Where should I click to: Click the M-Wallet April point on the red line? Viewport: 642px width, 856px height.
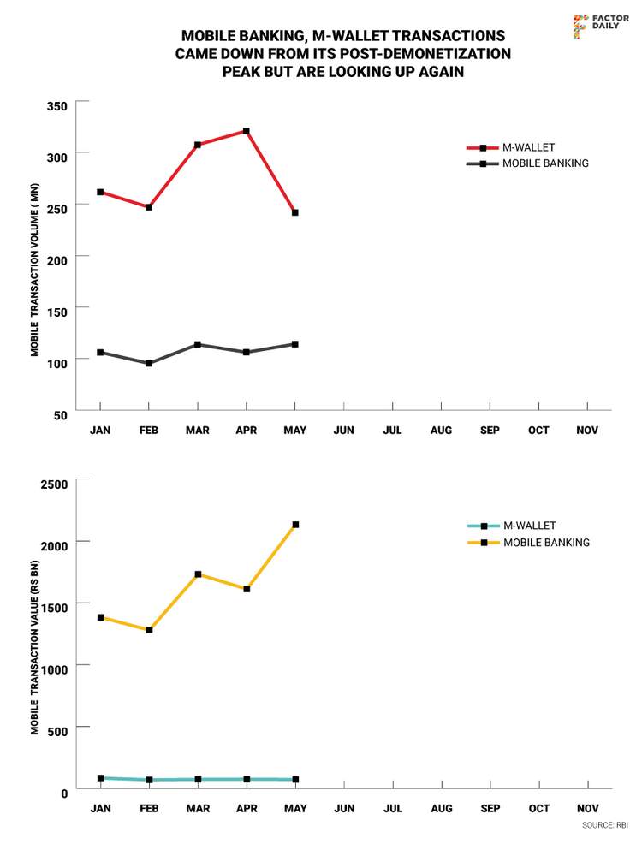247,131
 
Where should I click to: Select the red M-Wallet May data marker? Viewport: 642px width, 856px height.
295,212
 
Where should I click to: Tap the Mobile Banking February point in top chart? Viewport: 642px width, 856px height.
149,363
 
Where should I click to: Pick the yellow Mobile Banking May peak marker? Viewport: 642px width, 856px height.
295,525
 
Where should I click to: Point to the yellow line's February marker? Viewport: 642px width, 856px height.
149,630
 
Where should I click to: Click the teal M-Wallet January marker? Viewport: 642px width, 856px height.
100,778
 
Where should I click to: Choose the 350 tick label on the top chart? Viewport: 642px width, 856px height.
56,106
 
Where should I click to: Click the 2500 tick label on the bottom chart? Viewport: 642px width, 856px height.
52,484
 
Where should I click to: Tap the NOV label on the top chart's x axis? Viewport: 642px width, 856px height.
587,430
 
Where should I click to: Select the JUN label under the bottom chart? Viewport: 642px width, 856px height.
344,808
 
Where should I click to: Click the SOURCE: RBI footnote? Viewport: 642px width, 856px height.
604,825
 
